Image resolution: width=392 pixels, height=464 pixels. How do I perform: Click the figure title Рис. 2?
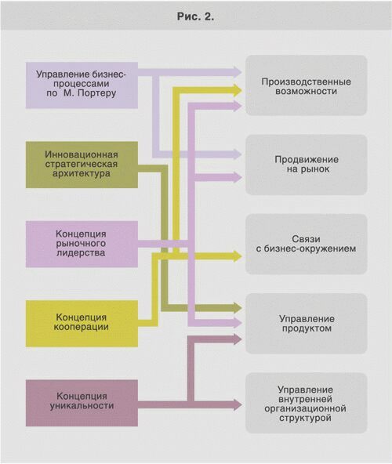pos(195,16)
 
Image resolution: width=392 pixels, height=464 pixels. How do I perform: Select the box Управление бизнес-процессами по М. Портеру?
pos(82,85)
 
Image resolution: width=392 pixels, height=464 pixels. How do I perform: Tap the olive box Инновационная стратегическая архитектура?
pos(82,165)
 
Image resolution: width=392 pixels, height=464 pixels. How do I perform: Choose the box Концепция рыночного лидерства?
pos(82,244)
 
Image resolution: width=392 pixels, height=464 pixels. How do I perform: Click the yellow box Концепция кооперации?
pos(82,324)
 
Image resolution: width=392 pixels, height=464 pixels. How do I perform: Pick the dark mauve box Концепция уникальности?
pos(82,403)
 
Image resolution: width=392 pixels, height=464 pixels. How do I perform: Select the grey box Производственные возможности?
pos(306,85)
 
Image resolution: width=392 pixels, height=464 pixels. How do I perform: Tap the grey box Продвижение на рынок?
pos(306,165)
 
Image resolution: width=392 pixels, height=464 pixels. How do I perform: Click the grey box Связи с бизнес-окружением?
pos(306,244)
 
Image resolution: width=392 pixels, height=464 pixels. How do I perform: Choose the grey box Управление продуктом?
pos(306,324)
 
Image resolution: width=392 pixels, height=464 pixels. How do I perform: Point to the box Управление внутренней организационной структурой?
pos(306,403)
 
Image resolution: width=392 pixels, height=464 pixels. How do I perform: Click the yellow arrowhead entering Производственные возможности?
pos(238,90)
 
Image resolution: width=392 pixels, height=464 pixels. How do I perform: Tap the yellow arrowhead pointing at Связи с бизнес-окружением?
pos(238,256)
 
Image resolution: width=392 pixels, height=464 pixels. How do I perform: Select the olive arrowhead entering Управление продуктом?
pos(238,308)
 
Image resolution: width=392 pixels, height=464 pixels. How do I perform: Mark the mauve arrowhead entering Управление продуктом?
pos(238,323)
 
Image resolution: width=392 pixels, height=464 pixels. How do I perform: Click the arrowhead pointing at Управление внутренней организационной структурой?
pos(238,404)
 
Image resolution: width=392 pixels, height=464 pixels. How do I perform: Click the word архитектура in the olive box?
pos(82,173)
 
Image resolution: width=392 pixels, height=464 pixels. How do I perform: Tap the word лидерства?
pos(81,253)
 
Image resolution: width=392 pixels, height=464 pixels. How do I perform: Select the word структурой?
pos(305,418)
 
